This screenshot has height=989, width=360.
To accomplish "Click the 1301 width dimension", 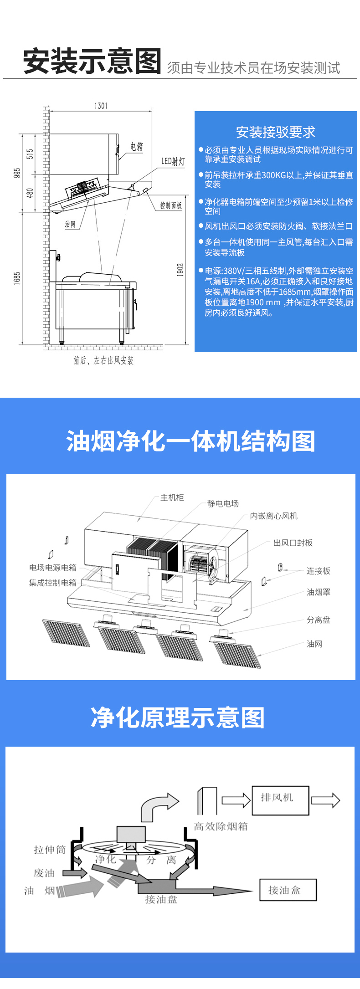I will click(x=101, y=106).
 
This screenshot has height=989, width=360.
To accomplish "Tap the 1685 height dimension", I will click(x=17, y=278).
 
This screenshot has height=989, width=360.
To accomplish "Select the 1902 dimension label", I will click(x=180, y=270).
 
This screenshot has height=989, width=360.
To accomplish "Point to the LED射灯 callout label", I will click(x=173, y=161).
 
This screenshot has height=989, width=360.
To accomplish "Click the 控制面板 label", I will click(x=171, y=205).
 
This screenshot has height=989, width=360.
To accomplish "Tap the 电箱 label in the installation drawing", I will click(x=136, y=146).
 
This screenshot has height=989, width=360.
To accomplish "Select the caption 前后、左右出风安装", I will click(x=104, y=360).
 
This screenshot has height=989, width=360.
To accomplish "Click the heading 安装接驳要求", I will click(x=276, y=132).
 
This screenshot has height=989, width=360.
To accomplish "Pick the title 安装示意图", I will click(x=93, y=61).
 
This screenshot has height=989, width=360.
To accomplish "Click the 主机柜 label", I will click(x=172, y=497).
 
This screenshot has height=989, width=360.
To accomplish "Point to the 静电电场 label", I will click(x=223, y=503).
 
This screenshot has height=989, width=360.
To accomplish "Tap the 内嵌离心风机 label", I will click(x=273, y=516).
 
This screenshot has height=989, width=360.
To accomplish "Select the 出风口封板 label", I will click(x=293, y=543).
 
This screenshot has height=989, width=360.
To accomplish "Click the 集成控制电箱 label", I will click(x=53, y=583).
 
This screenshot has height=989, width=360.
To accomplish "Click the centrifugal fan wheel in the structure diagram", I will click(x=199, y=564).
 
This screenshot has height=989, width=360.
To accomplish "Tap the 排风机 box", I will click(x=280, y=801).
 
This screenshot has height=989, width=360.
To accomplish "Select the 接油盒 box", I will click(x=288, y=890).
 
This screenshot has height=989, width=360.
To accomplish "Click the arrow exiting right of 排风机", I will click(x=326, y=800).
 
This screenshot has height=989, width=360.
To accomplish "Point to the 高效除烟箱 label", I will click(x=221, y=826).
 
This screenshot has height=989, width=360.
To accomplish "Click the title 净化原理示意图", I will click(x=178, y=717).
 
